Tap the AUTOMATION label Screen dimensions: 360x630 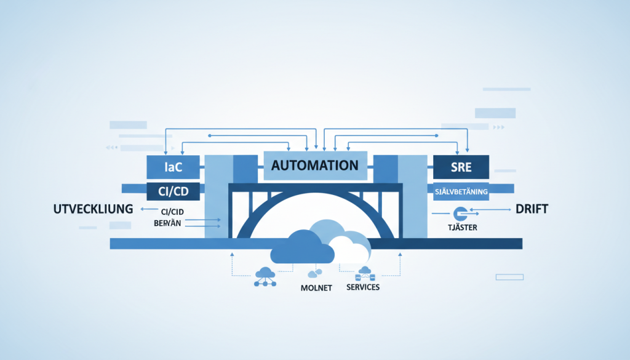pyautogui.click(x=314, y=165)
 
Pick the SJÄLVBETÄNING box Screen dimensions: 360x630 pyautogui.click(x=461, y=191)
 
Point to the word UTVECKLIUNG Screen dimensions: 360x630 pyautogui.click(x=90, y=209)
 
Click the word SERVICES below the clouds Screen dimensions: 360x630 pyautogui.click(x=363, y=287)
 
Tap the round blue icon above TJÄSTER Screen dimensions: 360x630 pyautogui.click(x=458, y=214)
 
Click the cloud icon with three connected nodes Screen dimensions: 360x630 pyautogui.click(x=265, y=276)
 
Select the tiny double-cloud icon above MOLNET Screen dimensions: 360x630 pyautogui.click(x=316, y=273)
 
